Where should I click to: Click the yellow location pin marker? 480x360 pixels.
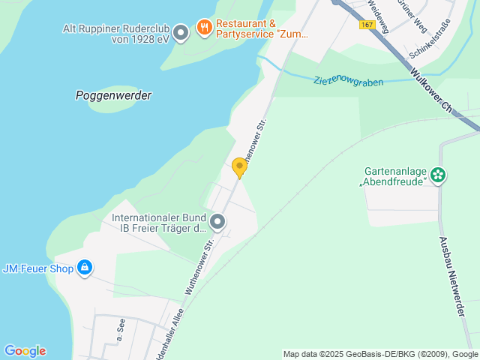[239, 168]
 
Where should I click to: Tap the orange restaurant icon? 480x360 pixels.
[204, 28]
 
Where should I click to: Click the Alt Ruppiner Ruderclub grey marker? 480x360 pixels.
[180, 32]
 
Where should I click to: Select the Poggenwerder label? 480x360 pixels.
[113, 95]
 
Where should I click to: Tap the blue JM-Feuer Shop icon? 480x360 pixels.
[85, 268]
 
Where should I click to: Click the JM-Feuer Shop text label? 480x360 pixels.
[38, 268]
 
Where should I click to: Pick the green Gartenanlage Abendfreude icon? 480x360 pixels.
[438, 176]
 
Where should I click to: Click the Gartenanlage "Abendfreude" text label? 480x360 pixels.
[394, 176]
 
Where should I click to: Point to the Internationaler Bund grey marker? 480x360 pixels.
[217, 222]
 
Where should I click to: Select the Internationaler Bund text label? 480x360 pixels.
[159, 223]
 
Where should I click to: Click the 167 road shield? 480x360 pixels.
[367, 25]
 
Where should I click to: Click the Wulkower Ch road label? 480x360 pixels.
[432, 91]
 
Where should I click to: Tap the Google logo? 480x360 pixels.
[25, 351]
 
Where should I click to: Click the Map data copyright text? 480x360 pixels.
[381, 354]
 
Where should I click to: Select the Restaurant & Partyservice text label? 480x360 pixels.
[262, 28]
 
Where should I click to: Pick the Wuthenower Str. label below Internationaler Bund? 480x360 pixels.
[201, 265]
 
